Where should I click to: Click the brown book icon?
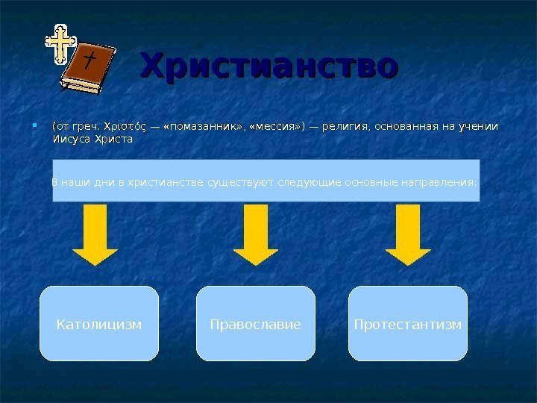(x=89, y=69)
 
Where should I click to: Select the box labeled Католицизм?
(x=99, y=325)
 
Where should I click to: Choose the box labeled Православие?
(x=256, y=325)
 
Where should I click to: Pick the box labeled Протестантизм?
(x=408, y=325)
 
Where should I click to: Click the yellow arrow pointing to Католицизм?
(x=95, y=234)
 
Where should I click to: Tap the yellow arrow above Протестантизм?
(x=408, y=234)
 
